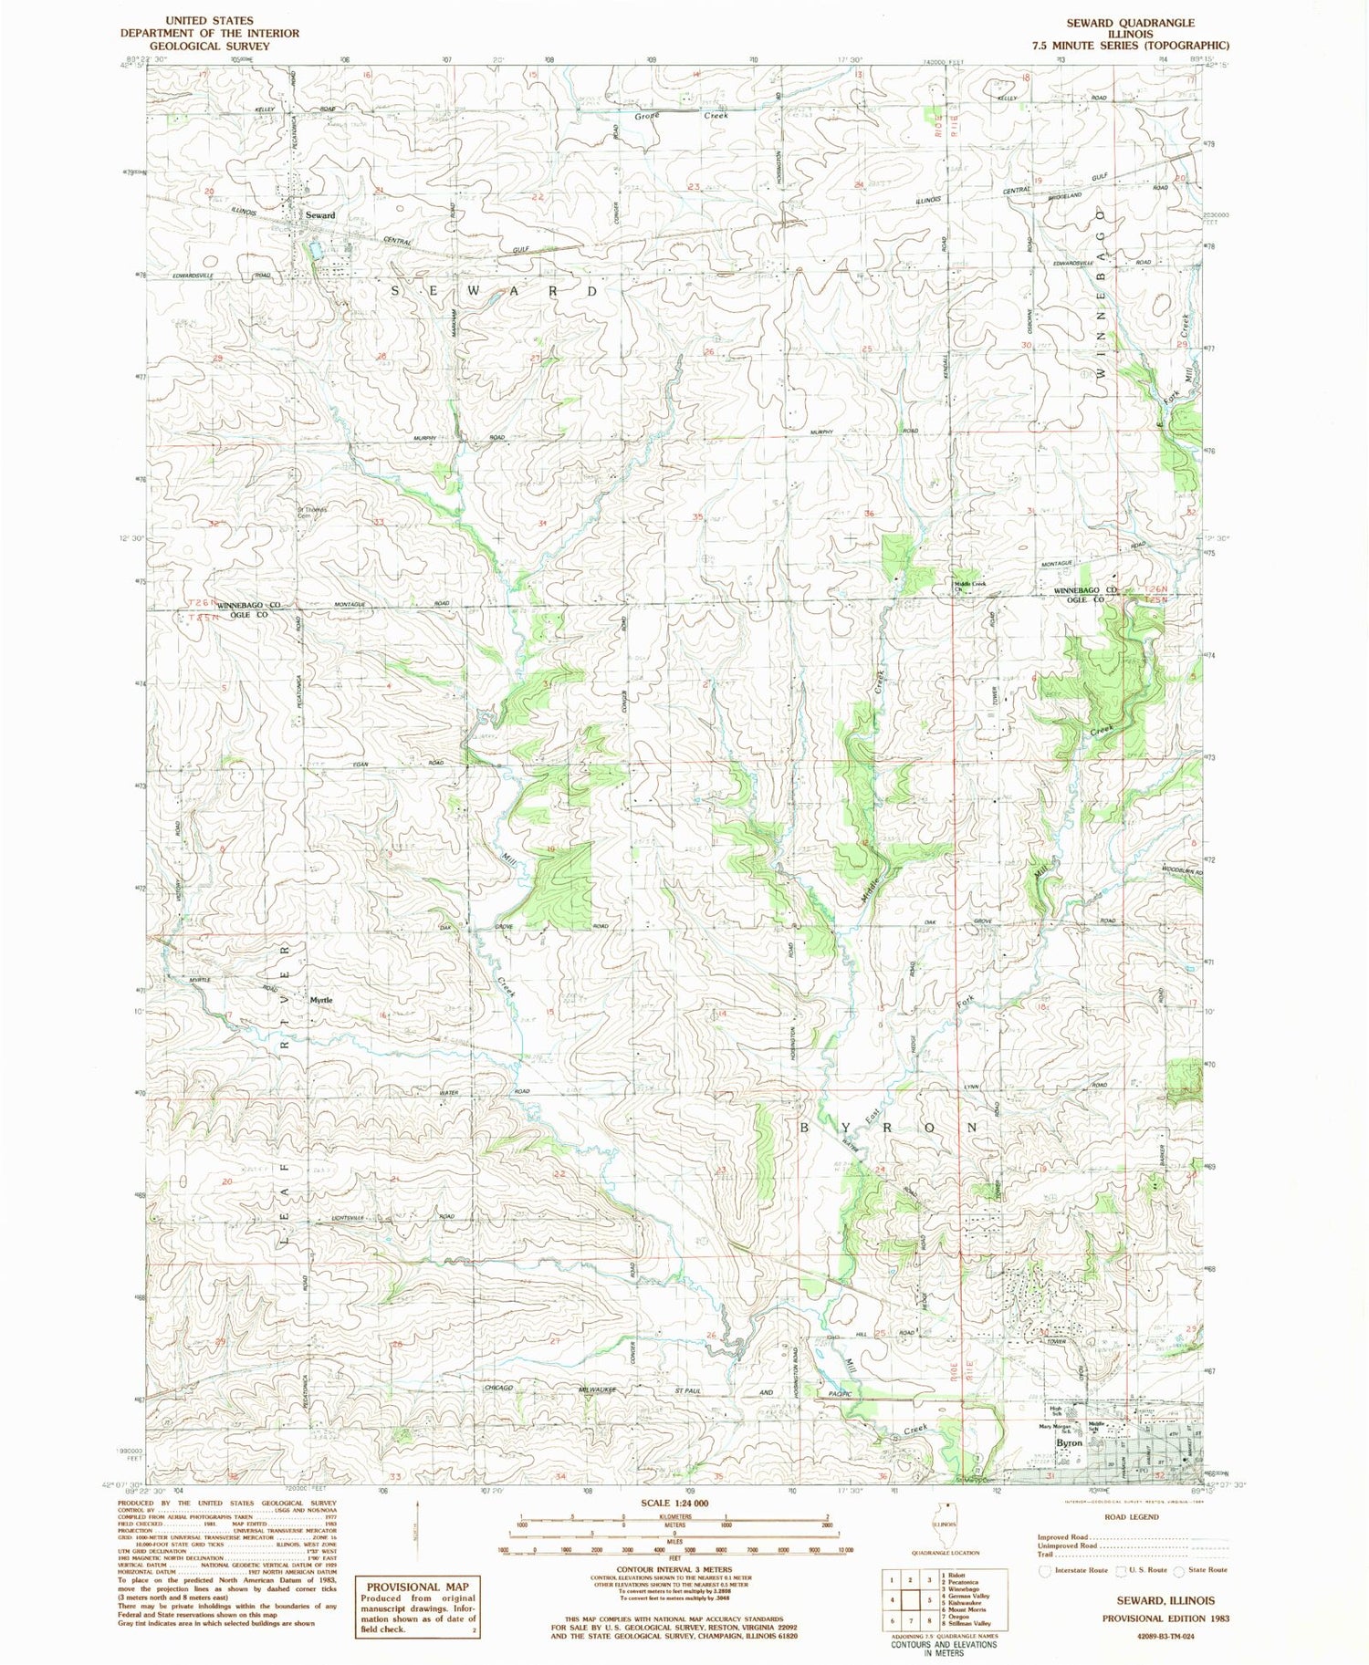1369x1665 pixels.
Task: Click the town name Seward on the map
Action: point(319,215)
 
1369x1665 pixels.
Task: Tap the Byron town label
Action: point(1068,1443)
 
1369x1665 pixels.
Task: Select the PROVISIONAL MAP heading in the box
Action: point(418,1587)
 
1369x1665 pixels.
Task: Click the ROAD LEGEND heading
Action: point(1131,1517)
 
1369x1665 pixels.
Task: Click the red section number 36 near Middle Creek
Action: point(869,514)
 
